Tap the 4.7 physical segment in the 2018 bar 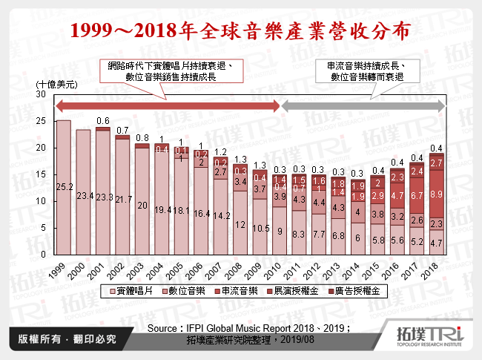[x=438, y=242]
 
